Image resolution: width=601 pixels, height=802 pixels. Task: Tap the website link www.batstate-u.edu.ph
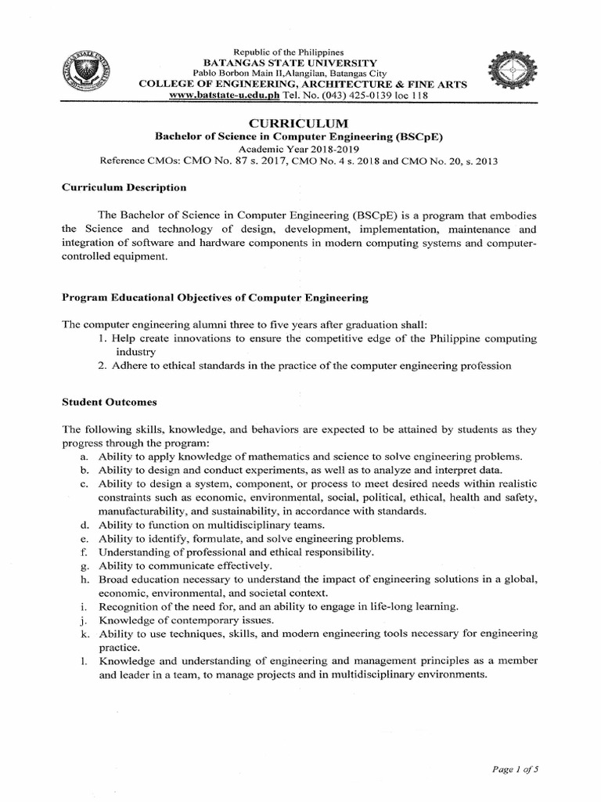coord(225,96)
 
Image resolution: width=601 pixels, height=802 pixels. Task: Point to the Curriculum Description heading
coord(124,188)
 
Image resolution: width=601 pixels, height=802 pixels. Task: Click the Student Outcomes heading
coord(110,403)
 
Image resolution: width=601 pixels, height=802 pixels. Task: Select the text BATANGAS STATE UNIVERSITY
coord(290,63)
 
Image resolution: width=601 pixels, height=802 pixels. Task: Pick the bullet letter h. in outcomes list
coord(83,580)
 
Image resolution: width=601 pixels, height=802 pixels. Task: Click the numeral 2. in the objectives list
coord(103,366)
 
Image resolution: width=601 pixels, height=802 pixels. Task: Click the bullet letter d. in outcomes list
coord(83,526)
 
